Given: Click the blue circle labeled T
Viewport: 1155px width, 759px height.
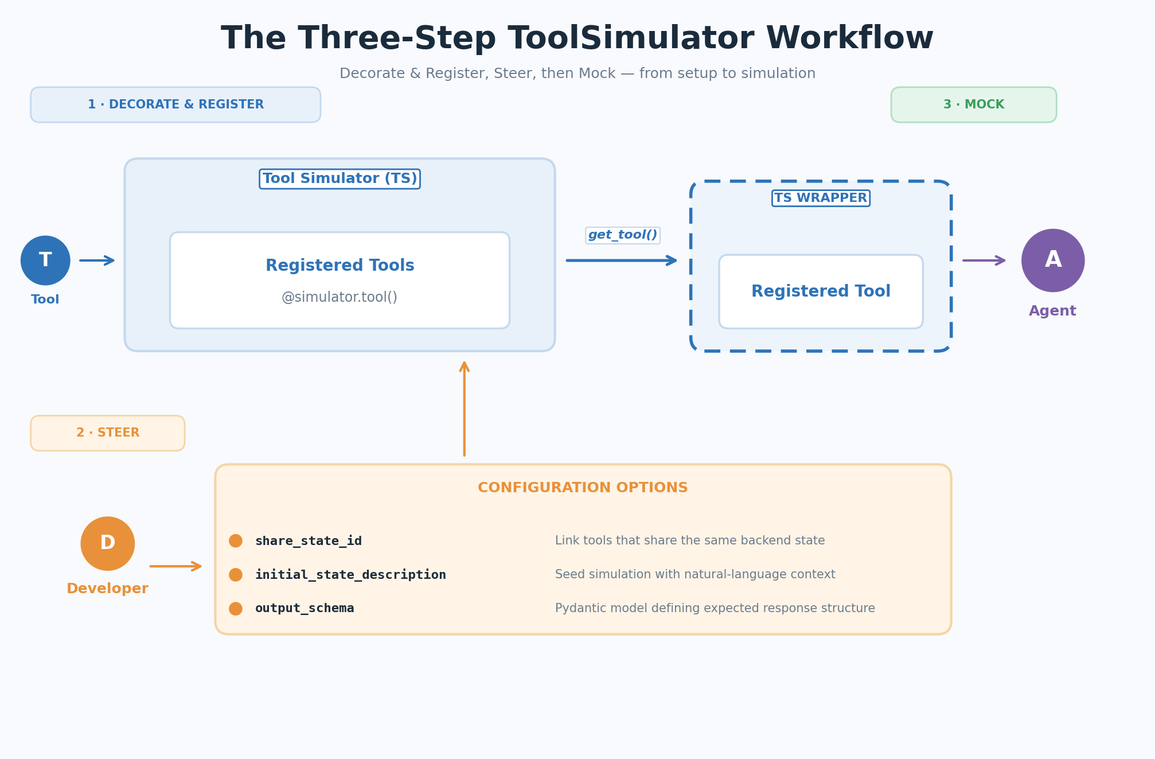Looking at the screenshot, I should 45,260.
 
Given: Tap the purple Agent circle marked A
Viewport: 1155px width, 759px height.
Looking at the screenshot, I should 1052,260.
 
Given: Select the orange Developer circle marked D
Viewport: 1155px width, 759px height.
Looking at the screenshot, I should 108,543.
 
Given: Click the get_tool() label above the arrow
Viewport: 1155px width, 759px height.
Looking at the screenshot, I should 622,235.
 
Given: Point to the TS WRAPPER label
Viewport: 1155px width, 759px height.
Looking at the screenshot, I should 821,198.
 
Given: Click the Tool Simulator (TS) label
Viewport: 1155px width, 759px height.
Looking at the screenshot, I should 340,179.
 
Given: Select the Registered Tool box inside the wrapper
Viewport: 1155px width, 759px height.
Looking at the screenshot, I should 821,291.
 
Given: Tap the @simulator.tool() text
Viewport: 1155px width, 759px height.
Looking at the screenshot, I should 340,297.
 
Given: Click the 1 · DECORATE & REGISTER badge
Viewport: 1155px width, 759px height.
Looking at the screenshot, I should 175,105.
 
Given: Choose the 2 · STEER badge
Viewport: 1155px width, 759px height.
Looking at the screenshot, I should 108,433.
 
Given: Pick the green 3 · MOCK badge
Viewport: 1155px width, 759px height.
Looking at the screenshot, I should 973,105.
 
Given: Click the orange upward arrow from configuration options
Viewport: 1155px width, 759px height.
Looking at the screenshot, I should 465,408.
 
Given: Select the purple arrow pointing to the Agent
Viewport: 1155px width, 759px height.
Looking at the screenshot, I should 984,260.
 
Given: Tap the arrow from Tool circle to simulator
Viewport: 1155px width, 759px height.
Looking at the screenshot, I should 97,260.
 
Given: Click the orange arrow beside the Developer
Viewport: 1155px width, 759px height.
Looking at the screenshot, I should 175,566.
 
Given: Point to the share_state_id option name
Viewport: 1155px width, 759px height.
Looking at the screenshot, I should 309,541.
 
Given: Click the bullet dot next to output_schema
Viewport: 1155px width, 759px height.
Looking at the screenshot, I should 236,609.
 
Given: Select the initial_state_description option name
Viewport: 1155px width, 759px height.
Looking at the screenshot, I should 350,575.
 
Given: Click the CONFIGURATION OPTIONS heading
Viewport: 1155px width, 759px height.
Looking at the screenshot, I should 583,488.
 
